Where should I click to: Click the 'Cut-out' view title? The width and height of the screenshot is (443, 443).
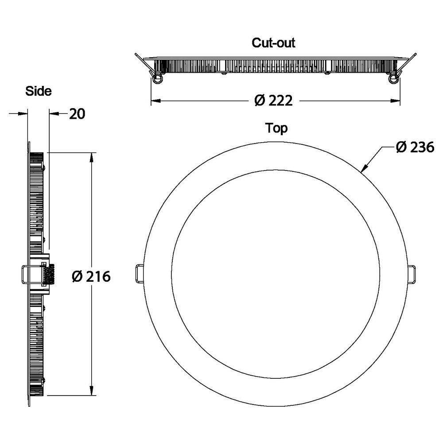273,43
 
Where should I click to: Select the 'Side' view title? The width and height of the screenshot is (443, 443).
39,91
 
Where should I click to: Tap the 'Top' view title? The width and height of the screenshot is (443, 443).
276,128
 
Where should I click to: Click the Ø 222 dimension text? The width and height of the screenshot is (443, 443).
273,101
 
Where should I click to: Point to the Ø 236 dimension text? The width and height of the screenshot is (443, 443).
415,148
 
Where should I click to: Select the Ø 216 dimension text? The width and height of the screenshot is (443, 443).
91,277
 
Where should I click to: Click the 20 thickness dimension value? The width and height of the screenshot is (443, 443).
77,114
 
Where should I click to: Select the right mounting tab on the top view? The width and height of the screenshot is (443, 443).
412,274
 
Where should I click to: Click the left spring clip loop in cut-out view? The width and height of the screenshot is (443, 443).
157,78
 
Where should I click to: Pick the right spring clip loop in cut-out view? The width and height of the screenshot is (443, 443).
392,78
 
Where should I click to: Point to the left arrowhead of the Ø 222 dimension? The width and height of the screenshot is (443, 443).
155,101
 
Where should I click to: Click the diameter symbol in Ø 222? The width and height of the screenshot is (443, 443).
260,101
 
